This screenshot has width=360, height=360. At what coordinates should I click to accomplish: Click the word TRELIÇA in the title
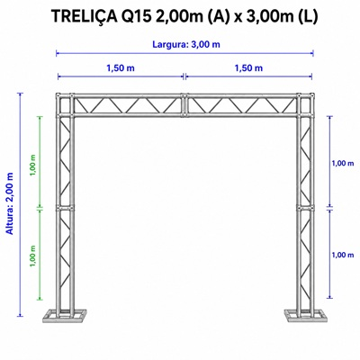coord(84,16)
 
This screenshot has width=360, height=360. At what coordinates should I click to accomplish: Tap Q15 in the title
coord(136,16)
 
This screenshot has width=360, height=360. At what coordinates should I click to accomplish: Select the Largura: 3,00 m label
coord(186,45)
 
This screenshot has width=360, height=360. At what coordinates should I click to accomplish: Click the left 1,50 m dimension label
coord(121,68)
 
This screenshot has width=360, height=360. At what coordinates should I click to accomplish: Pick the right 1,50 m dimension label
coord(248,68)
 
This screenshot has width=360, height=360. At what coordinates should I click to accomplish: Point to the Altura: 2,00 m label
coord(10,203)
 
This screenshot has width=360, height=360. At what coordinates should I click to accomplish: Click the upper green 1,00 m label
coord(33,166)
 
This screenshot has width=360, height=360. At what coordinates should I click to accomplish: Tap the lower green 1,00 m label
coord(33,256)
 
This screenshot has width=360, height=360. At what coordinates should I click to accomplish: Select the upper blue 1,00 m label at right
coord(343,164)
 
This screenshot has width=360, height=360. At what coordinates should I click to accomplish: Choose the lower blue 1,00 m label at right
coord(343,255)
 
